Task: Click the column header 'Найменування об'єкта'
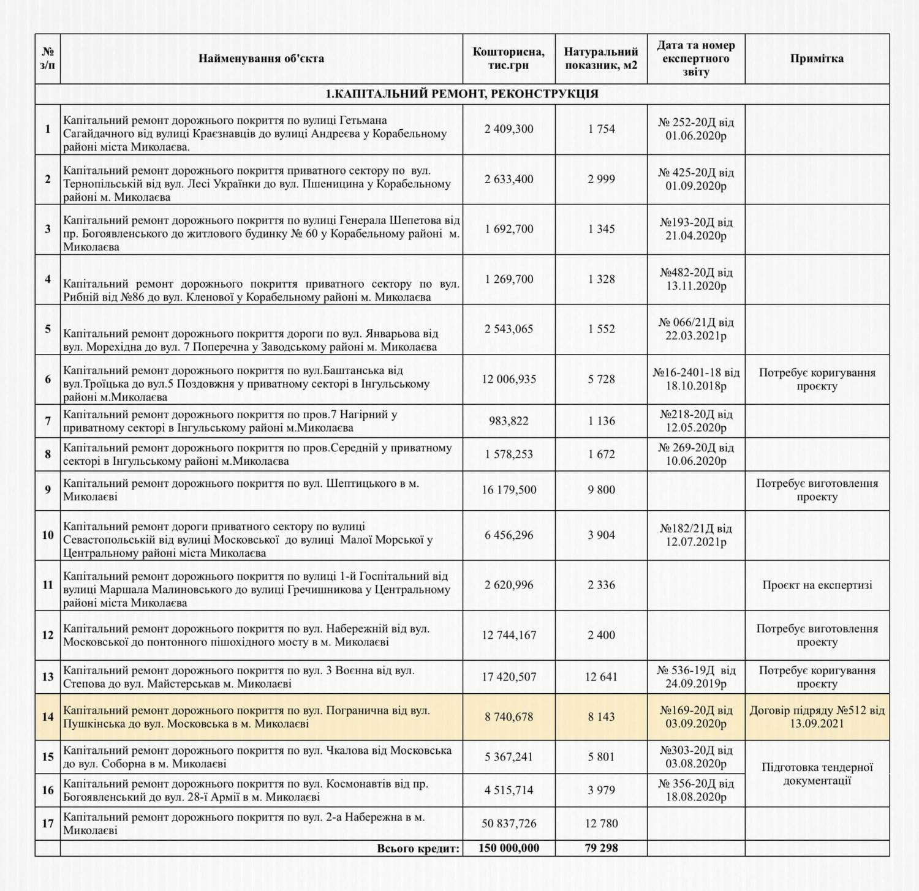(261, 59)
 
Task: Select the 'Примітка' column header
(817, 59)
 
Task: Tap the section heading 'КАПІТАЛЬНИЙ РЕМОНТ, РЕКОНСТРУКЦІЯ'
(462, 94)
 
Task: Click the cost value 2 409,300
(509, 129)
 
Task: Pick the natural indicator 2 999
(601, 179)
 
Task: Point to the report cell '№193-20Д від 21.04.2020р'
(696, 229)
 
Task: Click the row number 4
(48, 279)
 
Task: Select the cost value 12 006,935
(509, 379)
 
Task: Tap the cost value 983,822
(509, 421)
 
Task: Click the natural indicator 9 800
(601, 490)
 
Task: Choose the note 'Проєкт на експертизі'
(817, 585)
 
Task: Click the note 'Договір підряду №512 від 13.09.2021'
(817, 717)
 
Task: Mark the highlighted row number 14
(48, 717)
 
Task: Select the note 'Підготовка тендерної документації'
(817, 774)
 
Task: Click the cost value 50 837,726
(509, 824)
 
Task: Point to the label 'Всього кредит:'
(418, 848)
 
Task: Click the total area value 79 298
(601, 848)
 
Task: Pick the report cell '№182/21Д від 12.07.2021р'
(696, 535)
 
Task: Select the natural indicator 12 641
(601, 677)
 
